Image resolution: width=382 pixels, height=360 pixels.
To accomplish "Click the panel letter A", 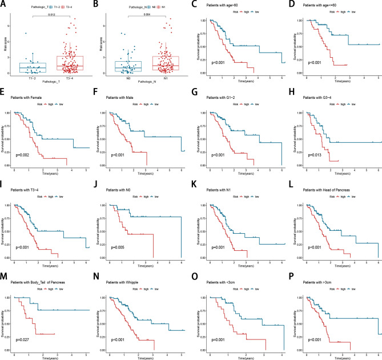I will tap(3, 4).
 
